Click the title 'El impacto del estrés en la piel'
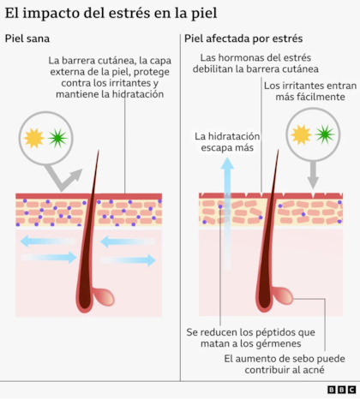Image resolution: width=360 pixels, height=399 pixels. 111,13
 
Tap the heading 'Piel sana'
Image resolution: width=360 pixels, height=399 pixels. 27,39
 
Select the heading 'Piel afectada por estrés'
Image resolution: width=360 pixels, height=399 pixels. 243,39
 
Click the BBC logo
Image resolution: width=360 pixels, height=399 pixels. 341,390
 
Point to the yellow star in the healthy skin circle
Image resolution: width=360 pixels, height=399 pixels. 34,139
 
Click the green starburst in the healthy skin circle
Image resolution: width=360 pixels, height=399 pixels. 57,139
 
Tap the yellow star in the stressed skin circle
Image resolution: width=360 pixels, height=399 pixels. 301,134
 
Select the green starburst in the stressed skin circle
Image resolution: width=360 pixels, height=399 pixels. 325,134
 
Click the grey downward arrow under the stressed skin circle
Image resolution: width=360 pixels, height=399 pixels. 313,175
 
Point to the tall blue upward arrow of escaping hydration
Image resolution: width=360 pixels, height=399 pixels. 227,213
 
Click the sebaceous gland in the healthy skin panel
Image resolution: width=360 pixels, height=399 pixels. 104,297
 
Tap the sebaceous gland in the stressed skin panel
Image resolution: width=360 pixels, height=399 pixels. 282,296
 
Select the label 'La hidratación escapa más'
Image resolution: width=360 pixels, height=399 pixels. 227,142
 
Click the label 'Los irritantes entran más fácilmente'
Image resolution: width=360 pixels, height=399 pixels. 310,91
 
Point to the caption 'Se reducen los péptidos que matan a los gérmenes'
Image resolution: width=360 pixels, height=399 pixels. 251,337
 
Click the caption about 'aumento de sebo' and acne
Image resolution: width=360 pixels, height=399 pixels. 285,364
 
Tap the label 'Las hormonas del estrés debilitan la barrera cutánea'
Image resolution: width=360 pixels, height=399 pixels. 255,63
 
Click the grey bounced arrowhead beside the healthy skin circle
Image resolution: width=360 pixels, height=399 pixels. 75,175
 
